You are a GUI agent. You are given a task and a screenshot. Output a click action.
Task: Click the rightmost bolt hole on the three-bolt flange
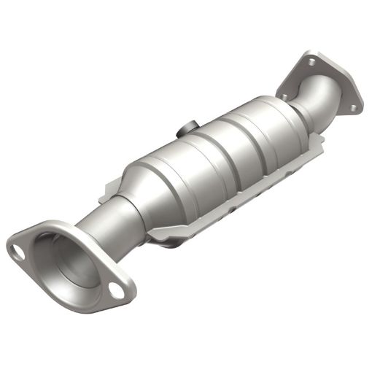tap(352, 108)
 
